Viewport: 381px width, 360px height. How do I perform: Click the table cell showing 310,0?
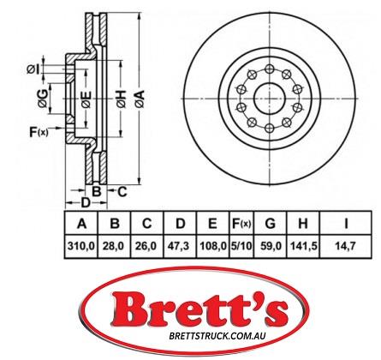click(81, 245)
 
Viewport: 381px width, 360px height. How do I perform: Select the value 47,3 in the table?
click(180, 245)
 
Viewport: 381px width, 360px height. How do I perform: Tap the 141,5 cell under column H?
click(304, 245)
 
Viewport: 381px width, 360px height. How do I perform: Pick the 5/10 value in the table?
click(241, 245)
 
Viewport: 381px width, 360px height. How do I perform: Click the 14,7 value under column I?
click(346, 245)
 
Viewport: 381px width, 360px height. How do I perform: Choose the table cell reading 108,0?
click(212, 245)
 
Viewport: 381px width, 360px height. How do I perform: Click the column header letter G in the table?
click(270, 224)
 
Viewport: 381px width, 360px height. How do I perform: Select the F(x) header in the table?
click(241, 224)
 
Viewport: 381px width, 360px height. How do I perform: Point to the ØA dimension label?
click(140, 99)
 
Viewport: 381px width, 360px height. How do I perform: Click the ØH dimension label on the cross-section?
click(122, 99)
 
